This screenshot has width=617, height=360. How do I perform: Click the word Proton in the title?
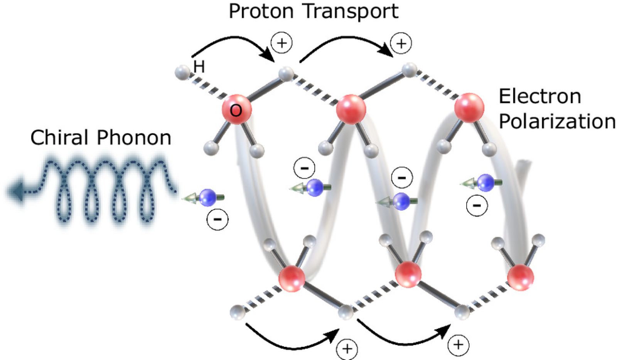click(261, 11)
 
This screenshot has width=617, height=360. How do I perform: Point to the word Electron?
click(540, 96)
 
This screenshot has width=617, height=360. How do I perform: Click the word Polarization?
click(557, 121)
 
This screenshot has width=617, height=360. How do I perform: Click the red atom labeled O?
click(237, 110)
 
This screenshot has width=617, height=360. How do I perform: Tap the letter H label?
click(199, 67)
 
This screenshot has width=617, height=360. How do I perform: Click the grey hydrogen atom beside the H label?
click(183, 73)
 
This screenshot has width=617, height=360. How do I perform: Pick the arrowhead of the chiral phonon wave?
click(15, 191)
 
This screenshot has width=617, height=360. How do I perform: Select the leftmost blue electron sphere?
click(207, 198)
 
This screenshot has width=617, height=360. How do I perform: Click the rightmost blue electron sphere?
click(486, 183)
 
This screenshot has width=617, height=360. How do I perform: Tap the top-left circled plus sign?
click(282, 43)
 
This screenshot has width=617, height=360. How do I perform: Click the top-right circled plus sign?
click(401, 43)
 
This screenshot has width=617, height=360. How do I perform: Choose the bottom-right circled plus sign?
click(459, 345)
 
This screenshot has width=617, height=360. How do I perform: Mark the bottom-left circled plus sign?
click(347, 349)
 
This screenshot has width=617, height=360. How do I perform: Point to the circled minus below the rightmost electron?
click(477, 205)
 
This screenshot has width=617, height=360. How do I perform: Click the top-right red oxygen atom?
click(469, 108)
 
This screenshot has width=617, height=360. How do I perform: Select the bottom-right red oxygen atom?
click(521, 277)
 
